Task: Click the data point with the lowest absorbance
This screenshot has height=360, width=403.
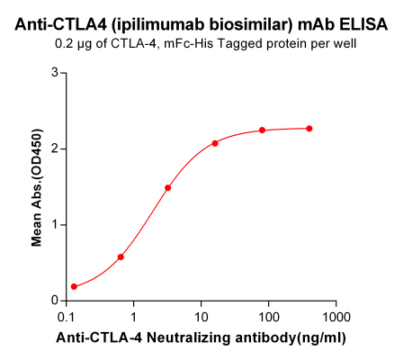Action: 74,287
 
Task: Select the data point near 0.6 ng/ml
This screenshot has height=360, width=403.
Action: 121,256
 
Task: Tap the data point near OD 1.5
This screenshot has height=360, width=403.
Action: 168,188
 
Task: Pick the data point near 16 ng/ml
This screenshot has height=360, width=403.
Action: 216,143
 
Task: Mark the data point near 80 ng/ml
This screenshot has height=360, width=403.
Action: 263,130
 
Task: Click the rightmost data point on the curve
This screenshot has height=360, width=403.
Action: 309,129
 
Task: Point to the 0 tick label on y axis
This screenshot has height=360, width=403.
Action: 56,301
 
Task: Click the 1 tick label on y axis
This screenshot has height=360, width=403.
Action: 56,224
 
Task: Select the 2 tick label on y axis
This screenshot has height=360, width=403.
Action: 56,148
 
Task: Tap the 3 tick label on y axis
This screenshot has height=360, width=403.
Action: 56,72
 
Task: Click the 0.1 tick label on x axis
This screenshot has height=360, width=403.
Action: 66,318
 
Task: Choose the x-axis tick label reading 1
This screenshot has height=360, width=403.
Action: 133,318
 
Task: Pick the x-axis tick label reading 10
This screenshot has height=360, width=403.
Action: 201,318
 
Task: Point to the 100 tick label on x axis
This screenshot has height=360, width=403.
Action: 268,318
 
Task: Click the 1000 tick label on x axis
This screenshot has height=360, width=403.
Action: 336,318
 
